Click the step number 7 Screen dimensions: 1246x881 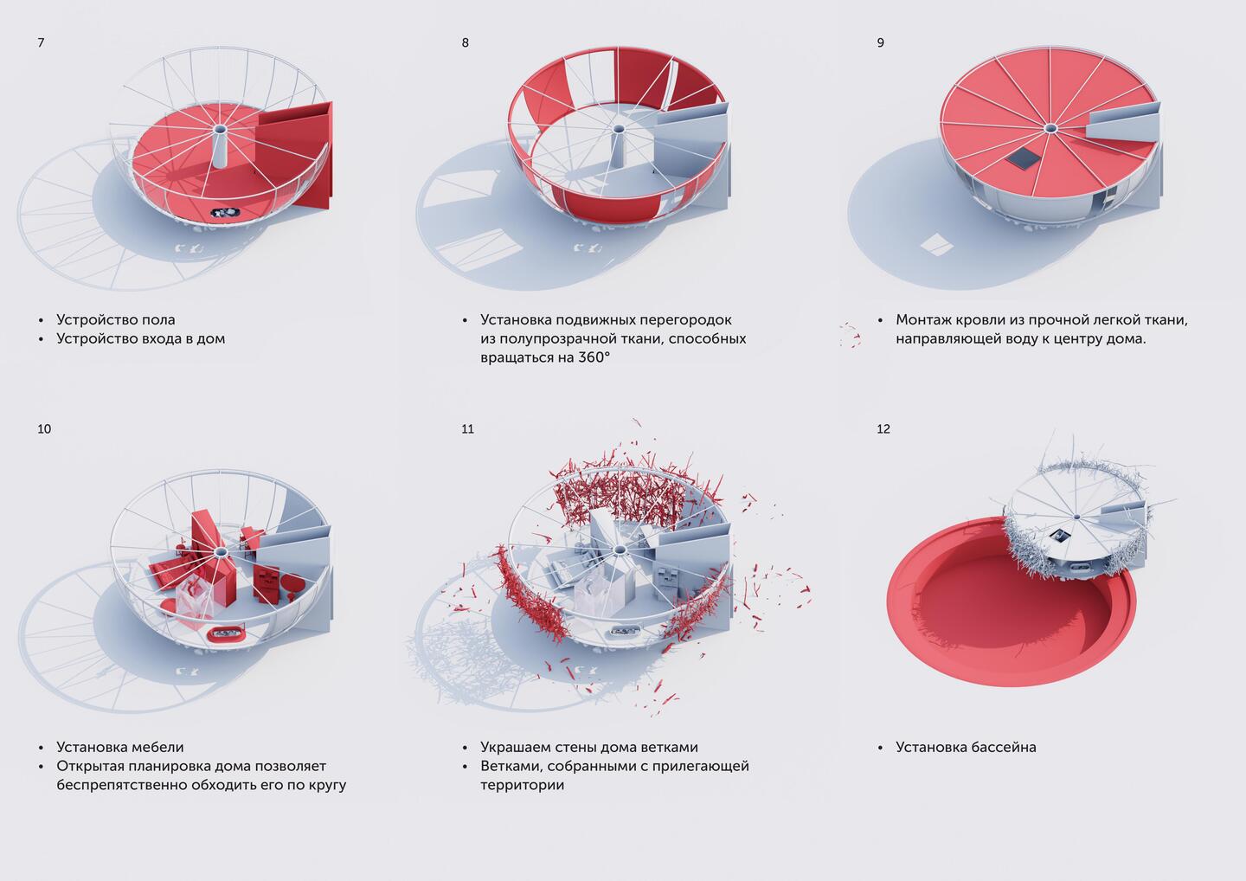coord(41,42)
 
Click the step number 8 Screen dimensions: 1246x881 coord(465,42)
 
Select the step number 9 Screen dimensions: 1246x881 coord(881,42)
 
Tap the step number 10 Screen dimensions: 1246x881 coord(44,429)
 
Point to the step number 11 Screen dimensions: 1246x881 coord(467,429)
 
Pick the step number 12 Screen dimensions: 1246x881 coord(883,429)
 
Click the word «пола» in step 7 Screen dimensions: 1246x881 coord(158,320)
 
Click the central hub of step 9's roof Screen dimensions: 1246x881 coord(1050,128)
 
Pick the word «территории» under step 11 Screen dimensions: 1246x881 coord(523,785)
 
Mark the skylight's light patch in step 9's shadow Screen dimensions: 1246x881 coord(937,245)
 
